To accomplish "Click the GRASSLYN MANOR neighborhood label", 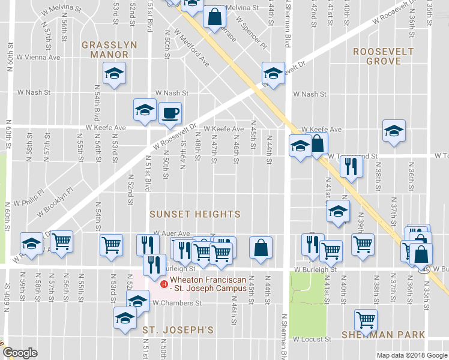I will point(109,49).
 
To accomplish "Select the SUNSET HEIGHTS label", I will point(195,214).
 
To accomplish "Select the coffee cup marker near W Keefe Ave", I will point(170,112).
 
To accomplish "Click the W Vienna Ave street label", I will point(38,58).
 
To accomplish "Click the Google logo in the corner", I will point(20,353).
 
